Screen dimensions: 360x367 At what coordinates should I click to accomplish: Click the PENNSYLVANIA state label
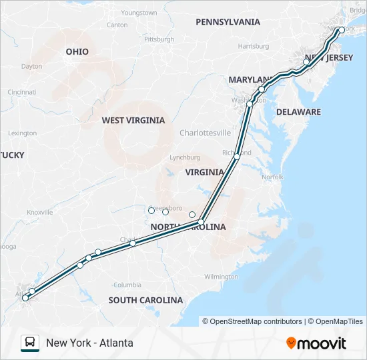point(228,22)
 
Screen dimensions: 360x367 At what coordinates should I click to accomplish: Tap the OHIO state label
point(77,51)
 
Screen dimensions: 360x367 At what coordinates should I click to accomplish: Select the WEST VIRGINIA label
point(133,121)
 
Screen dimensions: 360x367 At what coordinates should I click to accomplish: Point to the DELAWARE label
point(298,112)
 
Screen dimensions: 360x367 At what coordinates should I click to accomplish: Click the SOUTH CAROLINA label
point(145,300)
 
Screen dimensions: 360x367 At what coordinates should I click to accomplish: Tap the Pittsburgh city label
point(159,39)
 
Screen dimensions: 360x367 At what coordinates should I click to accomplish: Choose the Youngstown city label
point(139,13)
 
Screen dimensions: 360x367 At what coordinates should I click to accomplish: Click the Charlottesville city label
point(205,133)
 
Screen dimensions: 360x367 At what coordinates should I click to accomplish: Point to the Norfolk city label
point(272,177)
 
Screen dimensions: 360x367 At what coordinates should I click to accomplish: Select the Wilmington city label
point(221,277)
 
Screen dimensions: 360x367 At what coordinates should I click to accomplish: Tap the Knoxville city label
point(39,212)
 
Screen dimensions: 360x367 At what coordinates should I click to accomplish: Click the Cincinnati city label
point(22,92)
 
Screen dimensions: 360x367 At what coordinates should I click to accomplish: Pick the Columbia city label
point(127,285)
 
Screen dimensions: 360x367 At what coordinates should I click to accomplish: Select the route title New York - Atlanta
point(89,343)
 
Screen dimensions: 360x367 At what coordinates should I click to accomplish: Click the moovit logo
point(316,343)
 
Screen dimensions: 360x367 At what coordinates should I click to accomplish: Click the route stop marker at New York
point(342,30)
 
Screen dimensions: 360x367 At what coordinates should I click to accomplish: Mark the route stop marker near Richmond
point(237,157)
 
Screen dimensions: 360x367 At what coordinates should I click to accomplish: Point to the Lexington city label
point(23,133)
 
